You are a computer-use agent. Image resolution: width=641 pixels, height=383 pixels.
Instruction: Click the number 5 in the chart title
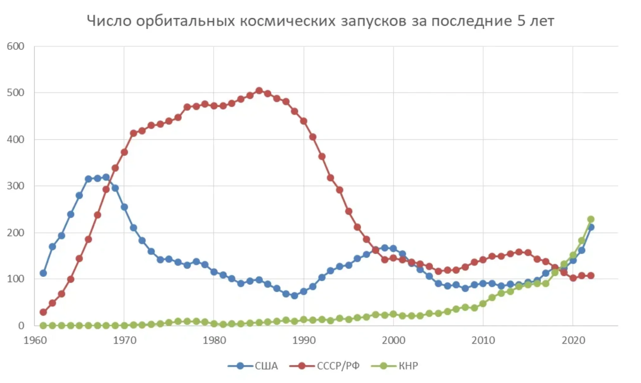coord(521,21)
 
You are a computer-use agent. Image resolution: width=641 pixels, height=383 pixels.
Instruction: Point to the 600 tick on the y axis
coord(16,47)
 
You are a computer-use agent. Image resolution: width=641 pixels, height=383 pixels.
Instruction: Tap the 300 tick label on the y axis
coord(16,186)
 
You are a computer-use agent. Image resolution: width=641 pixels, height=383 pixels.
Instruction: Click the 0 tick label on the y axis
coord(21,326)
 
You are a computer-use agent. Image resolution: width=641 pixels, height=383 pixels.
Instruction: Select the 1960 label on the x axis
coord(35,340)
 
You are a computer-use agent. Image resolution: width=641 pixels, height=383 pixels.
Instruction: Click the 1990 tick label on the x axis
coord(304,340)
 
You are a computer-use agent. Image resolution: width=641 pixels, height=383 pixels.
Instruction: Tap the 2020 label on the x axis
coord(573,340)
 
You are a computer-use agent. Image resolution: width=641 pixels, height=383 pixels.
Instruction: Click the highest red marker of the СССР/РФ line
coord(259,91)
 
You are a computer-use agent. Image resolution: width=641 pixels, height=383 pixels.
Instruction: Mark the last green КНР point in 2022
coord(591,219)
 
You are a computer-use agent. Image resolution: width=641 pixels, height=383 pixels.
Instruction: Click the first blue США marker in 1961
coord(43,273)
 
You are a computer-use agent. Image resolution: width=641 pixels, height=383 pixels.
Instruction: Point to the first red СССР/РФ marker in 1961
coord(43,312)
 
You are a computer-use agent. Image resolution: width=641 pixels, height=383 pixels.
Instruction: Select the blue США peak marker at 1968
coord(106,177)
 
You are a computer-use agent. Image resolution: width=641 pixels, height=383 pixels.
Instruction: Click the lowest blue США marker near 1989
coord(294,296)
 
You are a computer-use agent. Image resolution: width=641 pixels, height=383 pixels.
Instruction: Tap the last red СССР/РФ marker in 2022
coord(591,276)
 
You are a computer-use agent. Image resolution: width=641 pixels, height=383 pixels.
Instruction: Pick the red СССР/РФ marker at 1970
coord(124,152)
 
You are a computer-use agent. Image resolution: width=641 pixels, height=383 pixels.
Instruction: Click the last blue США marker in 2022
coord(591,227)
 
